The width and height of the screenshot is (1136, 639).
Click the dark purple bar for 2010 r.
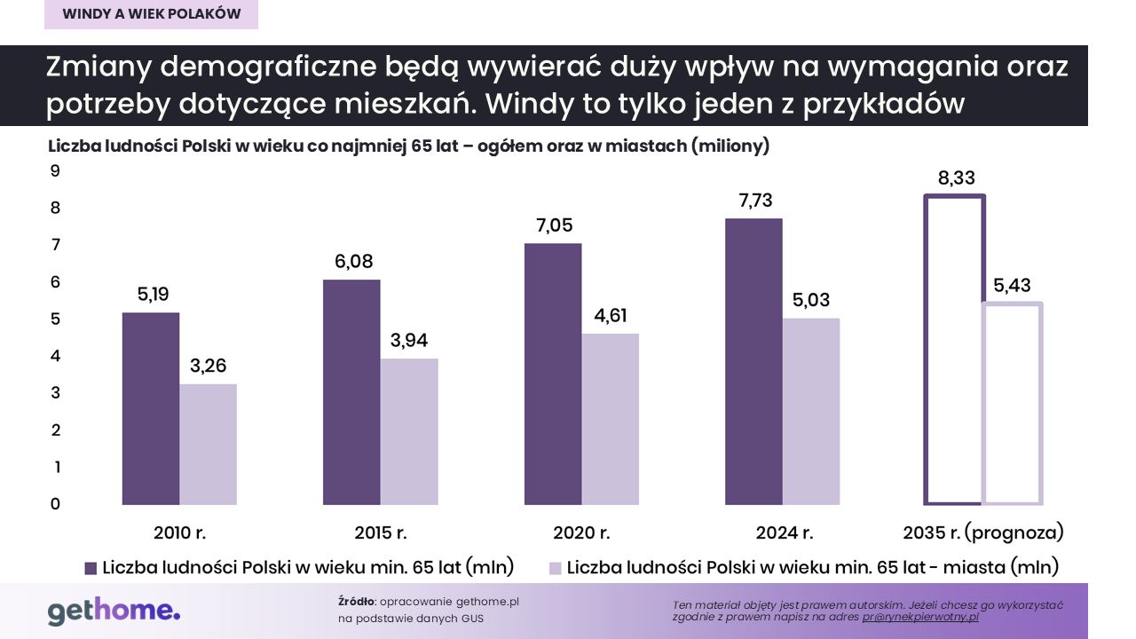click(151, 408)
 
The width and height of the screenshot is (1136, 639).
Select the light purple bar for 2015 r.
click(409, 431)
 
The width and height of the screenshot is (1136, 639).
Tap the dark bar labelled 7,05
click(552, 374)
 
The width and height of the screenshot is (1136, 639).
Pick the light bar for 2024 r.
click(810, 411)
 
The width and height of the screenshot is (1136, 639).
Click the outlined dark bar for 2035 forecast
click(954, 350)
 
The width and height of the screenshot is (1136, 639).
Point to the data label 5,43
click(1012, 286)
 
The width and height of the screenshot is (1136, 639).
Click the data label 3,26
click(209, 366)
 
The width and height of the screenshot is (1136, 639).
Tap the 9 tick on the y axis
click(54, 170)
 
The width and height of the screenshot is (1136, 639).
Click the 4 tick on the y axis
click(54, 356)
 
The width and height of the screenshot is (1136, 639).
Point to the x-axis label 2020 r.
click(581, 533)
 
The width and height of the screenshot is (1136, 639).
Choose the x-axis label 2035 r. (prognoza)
click(982, 533)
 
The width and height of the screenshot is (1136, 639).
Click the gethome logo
click(114, 611)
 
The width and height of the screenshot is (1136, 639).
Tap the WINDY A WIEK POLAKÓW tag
click(152, 14)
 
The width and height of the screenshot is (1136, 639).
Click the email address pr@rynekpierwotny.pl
click(920, 616)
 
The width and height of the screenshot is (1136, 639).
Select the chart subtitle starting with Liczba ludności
click(408, 146)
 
